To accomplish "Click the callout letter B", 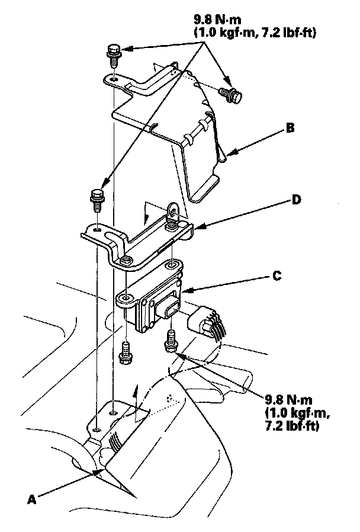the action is (290, 127).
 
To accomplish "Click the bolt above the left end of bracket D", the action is (97, 198).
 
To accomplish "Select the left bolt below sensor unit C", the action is (125, 351).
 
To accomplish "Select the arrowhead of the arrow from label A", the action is (100, 472).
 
